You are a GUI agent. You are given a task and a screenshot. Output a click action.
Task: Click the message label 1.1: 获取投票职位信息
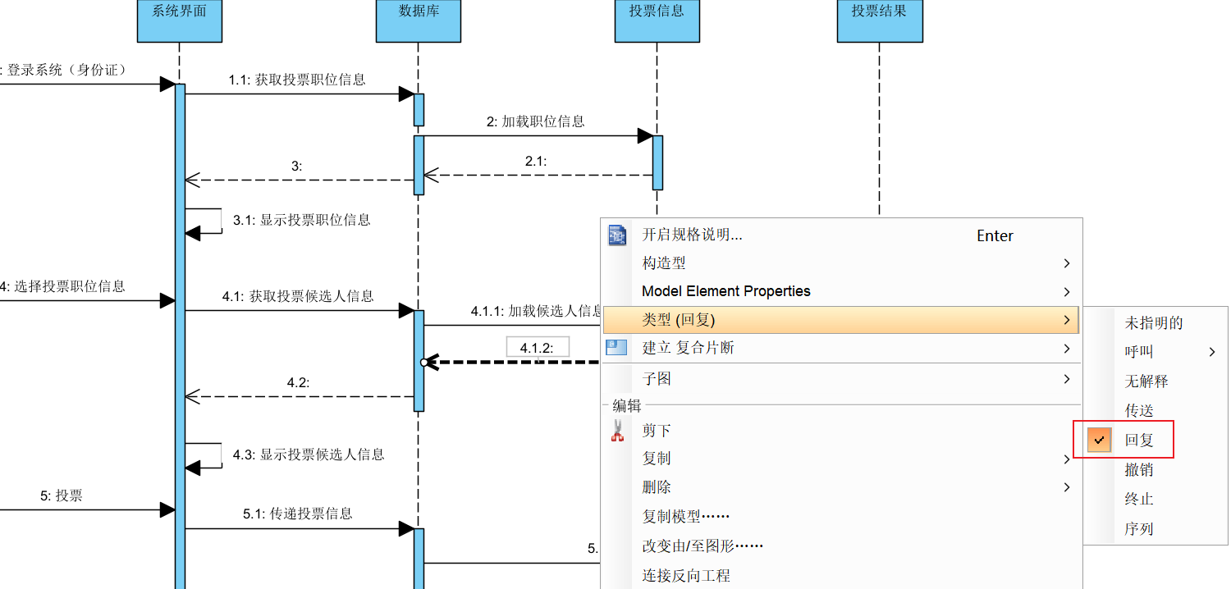[297, 80]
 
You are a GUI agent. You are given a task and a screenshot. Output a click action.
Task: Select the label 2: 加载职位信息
[535, 121]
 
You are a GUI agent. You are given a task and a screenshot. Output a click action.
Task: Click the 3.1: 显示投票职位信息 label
[301, 220]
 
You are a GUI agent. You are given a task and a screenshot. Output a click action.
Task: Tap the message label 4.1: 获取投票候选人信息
[298, 296]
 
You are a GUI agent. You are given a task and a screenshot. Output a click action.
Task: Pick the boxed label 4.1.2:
[538, 348]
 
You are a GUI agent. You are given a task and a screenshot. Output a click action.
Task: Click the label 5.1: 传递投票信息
[298, 514]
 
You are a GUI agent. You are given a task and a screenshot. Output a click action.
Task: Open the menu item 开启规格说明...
[692, 235]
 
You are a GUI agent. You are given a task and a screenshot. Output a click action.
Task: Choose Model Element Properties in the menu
[725, 291]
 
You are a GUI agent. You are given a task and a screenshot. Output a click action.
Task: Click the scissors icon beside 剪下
[617, 431]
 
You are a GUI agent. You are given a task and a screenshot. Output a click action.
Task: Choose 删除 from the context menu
[657, 487]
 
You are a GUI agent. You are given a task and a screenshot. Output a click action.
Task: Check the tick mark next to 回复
[1100, 440]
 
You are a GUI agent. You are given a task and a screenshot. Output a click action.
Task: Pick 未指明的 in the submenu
[1153, 323]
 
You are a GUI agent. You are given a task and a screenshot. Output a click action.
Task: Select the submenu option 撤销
[1139, 470]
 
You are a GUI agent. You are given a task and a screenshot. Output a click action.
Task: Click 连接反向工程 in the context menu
[686, 576]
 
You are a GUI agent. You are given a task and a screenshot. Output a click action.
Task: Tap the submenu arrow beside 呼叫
[1212, 352]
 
